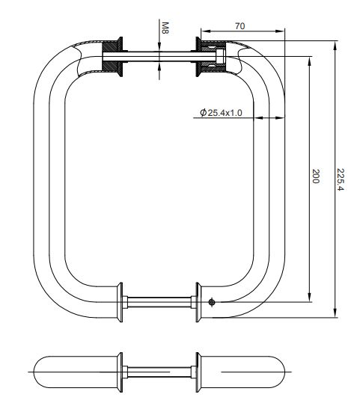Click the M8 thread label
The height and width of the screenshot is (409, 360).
[165, 28]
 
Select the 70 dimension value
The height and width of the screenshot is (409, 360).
[240, 26]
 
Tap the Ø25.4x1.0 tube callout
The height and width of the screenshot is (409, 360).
[221, 113]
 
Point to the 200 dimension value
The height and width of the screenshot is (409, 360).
[316, 176]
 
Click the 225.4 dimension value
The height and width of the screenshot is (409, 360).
[341, 179]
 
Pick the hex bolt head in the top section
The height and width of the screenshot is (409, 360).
[220, 57]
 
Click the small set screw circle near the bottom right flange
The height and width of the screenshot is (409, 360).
[212, 302]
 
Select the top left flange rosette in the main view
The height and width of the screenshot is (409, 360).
[120, 57]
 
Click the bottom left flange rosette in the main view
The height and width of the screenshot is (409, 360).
[120, 302]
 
